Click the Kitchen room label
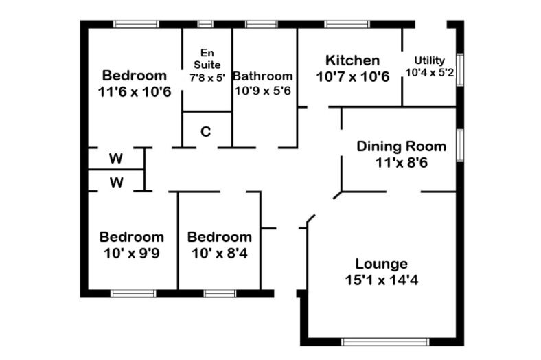[x=353, y=60]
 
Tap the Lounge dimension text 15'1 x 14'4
[x=382, y=280]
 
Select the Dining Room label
[x=401, y=146]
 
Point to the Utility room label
[x=430, y=60]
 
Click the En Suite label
[x=207, y=58]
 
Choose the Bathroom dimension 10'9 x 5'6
[x=263, y=91]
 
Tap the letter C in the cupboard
[x=206, y=131]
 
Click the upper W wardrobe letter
[x=116, y=159]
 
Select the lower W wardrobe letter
[x=117, y=182]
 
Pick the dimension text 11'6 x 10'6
[x=135, y=92]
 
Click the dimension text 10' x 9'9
[x=131, y=254]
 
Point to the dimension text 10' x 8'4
[x=220, y=254]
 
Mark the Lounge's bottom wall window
[x=385, y=341]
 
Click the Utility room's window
[x=460, y=69]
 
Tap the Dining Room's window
[x=460, y=146]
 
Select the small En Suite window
[x=205, y=24]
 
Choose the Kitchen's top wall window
[x=347, y=24]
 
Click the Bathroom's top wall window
[x=262, y=24]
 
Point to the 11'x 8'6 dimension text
[x=401, y=162]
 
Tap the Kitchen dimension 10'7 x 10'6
[x=353, y=77]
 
